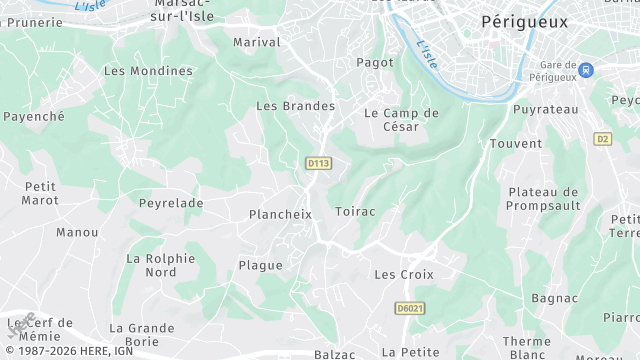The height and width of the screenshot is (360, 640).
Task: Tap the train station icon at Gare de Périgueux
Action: tap(586, 70)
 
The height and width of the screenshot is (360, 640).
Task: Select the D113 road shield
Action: tap(318, 162)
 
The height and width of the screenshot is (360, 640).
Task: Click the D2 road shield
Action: tap(601, 138)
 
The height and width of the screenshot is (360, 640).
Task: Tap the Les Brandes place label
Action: tap(295, 105)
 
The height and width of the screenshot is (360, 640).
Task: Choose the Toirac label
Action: tap(355, 213)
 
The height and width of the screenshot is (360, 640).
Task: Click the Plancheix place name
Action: tap(280, 214)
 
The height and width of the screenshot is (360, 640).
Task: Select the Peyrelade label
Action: tap(171, 203)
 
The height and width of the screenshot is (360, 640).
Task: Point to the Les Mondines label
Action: tap(148, 71)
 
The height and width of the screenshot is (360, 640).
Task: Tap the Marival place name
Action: tap(256, 42)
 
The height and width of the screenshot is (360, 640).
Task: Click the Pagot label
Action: tap(375, 62)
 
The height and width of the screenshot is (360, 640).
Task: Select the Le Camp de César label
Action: tap(401, 120)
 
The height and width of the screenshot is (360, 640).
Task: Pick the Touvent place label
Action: tap(515, 144)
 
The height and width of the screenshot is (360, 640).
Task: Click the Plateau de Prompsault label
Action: tap(544, 199)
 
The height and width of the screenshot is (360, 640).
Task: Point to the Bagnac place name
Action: tap(555, 298)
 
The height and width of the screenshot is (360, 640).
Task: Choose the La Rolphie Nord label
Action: tap(160, 265)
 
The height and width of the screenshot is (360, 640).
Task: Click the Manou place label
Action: tap(77, 232)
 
